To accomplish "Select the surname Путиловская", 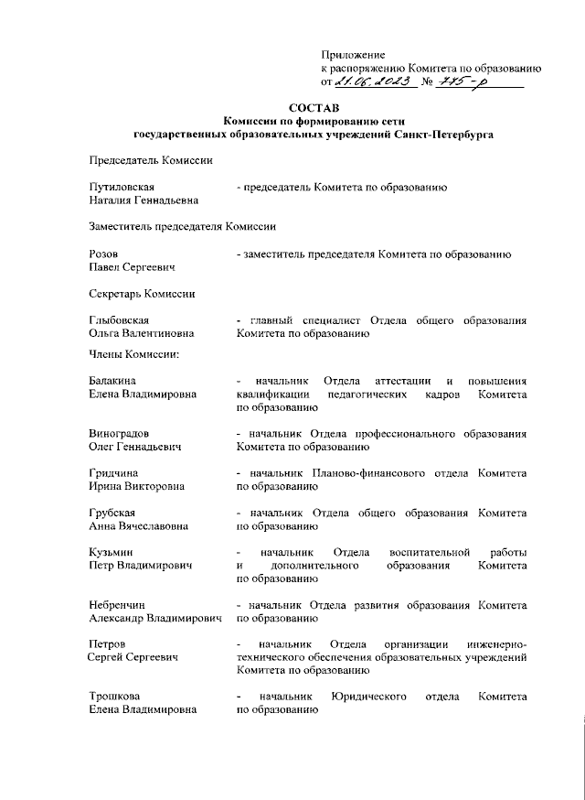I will coord(122,188).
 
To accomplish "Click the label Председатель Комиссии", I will coord(150,161).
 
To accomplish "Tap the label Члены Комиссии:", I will coord(133,354).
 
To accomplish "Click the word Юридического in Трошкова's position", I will coord(370,697).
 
